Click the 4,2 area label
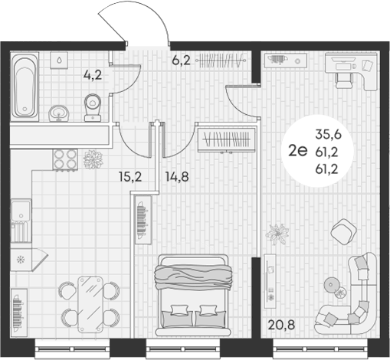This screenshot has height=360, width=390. [x=93, y=75]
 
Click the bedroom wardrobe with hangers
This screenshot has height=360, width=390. [x=224, y=141]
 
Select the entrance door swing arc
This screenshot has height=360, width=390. [x=132, y=23]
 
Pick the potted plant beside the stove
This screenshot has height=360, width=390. [x=93, y=159]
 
